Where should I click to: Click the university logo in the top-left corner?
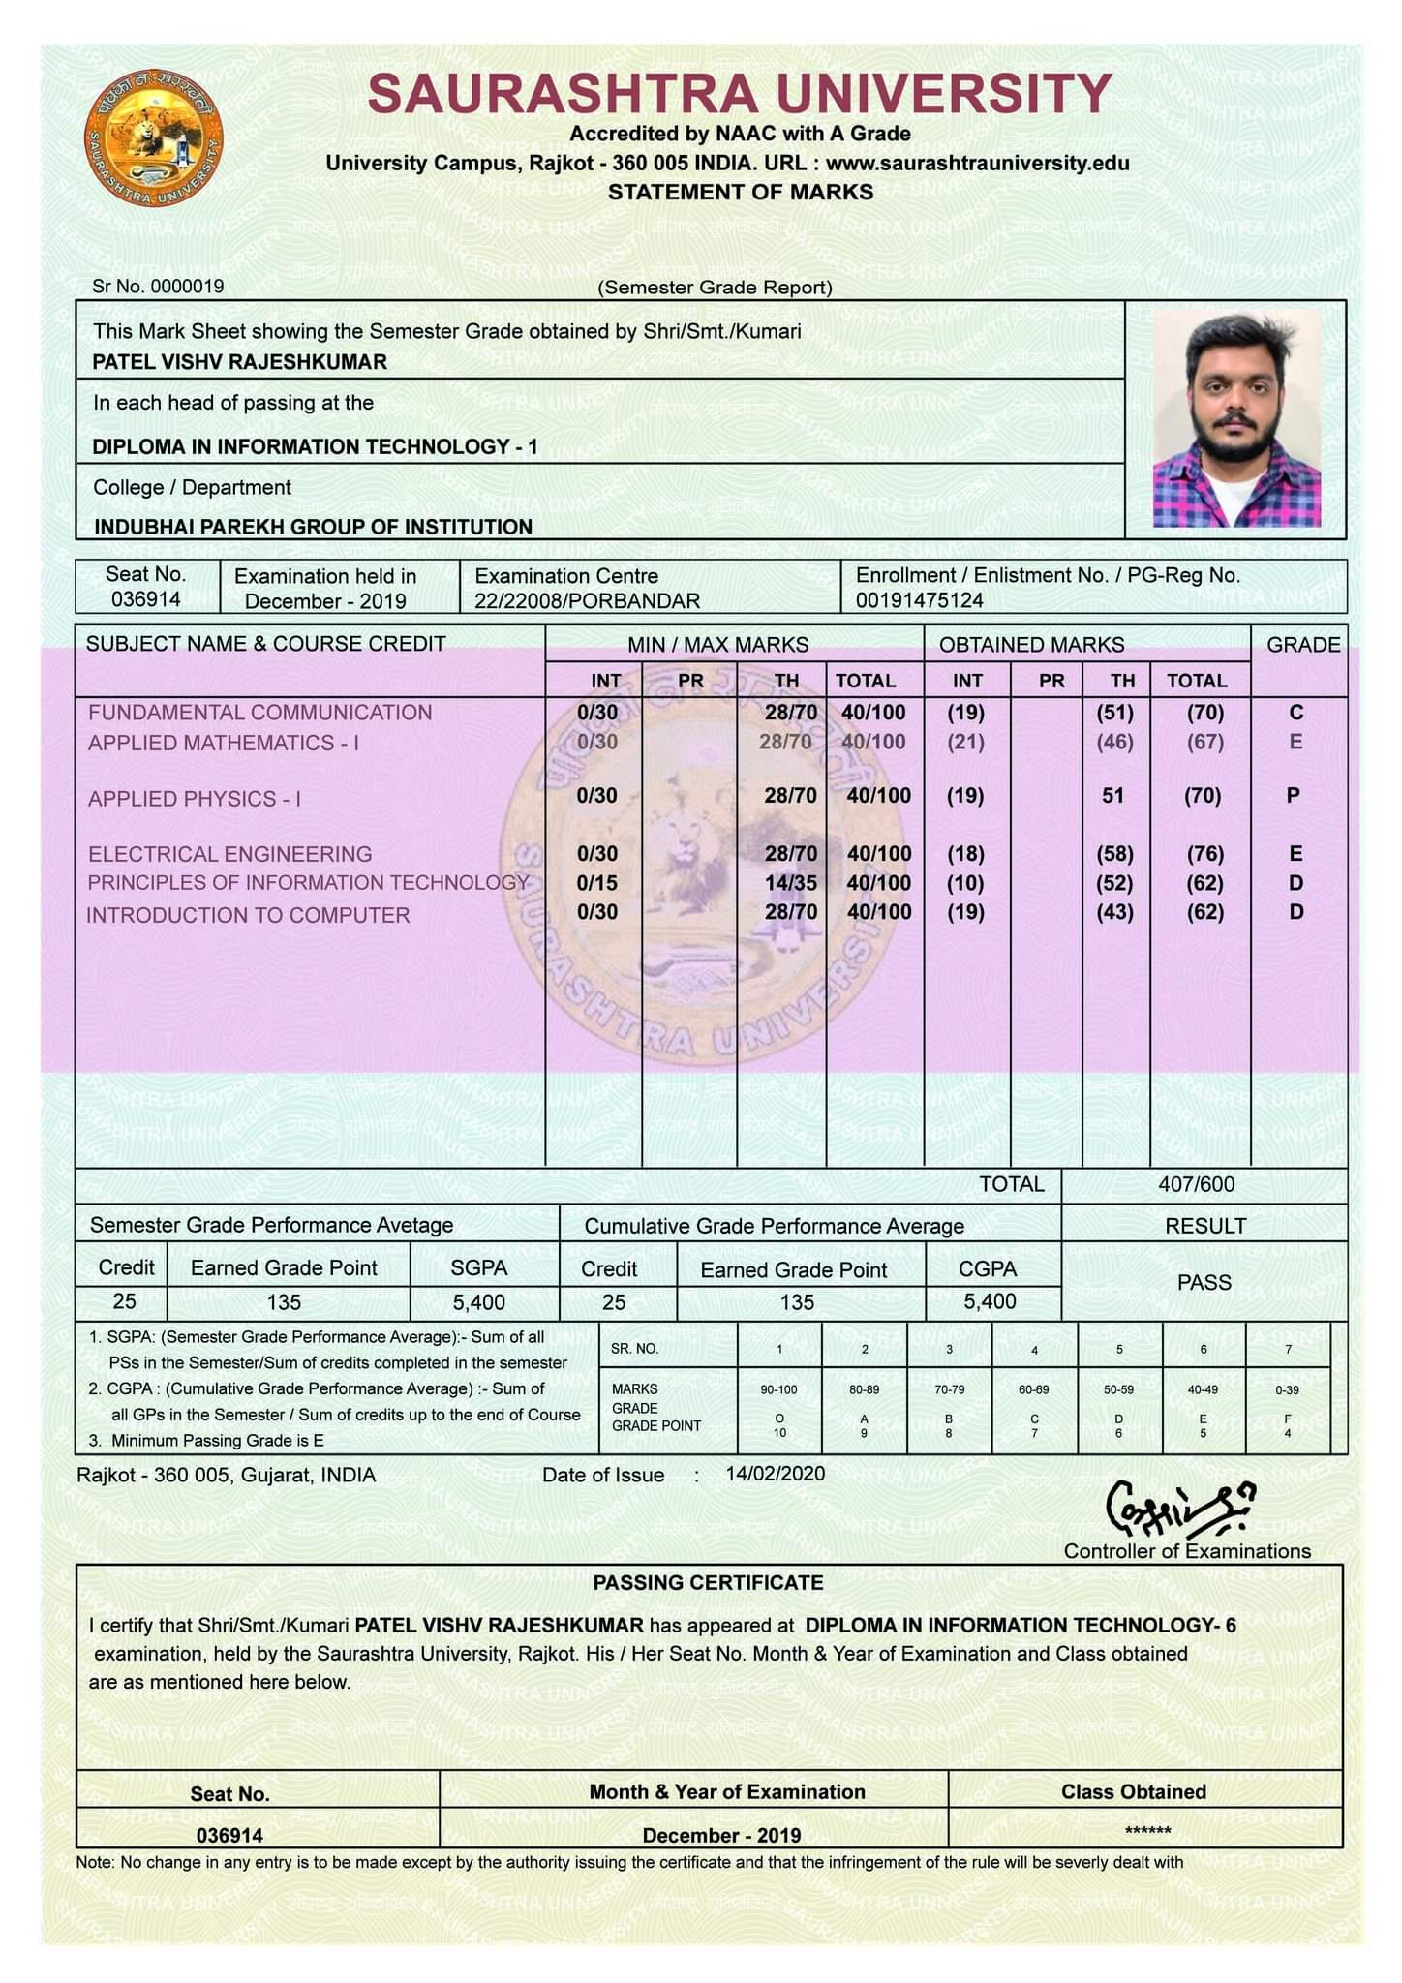[153, 137]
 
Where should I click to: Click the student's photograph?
[1236, 418]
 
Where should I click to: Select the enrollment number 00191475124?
[919, 600]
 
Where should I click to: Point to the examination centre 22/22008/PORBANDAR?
[587, 601]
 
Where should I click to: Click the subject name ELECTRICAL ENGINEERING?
[230, 854]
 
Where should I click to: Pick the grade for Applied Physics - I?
[1293, 796]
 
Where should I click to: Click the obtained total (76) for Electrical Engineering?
[1204, 854]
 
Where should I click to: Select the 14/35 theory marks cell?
[790, 883]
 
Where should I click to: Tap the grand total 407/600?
[1196, 1184]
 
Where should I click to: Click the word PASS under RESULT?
[1204, 1283]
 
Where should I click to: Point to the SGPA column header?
[478, 1268]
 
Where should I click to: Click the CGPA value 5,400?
[990, 1302]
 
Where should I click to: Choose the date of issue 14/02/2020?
[775, 1474]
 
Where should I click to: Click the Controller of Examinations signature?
[1180, 1510]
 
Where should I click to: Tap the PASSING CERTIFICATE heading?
[708, 1583]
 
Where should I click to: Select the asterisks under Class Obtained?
[1147, 1831]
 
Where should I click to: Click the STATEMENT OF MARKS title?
[741, 192]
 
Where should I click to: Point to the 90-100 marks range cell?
[778, 1389]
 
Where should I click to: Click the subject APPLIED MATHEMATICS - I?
[223, 743]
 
